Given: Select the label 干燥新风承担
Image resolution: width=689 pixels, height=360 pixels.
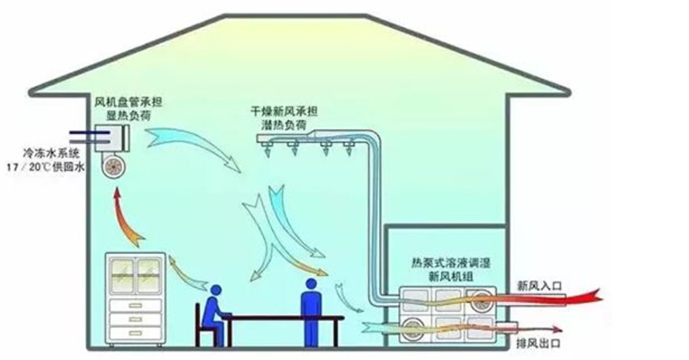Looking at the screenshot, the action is [284, 112].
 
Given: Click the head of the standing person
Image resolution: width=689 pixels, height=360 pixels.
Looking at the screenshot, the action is [311, 284].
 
